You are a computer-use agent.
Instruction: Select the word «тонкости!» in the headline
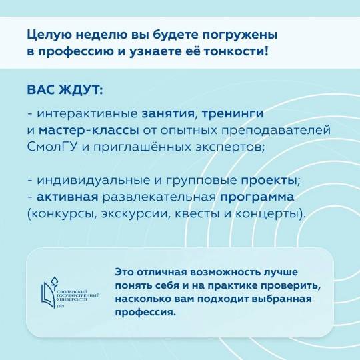(236, 51)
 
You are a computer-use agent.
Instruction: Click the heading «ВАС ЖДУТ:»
(65, 90)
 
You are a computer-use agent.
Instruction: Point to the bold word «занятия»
(168, 113)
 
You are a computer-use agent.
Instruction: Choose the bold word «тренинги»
(233, 114)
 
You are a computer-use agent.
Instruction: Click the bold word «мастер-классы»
(89, 131)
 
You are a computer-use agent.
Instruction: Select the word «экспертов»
(229, 147)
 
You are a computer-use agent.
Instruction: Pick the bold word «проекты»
(269, 181)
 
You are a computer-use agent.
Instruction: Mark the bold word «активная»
(67, 197)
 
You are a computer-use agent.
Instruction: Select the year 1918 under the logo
(60, 307)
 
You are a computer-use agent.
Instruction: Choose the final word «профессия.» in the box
(145, 313)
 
